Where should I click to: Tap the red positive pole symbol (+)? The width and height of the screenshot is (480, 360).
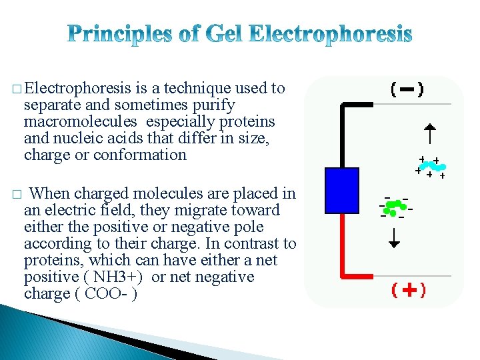pos(409,290)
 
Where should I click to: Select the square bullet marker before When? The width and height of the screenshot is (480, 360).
pos(16,195)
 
